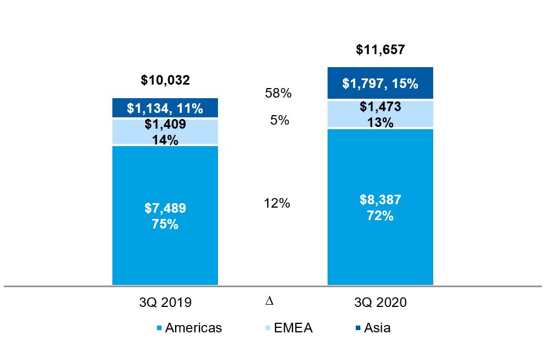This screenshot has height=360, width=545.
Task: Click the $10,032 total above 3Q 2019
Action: pos(165,80)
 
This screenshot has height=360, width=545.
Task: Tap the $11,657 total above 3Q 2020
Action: pos(380,50)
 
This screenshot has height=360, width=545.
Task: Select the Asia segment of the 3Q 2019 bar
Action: pos(165,108)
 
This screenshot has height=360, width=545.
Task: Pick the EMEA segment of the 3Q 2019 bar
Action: pos(165,132)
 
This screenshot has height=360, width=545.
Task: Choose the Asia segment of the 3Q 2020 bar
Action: pos(380,84)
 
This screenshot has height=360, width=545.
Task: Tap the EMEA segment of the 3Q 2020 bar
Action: pos(380,115)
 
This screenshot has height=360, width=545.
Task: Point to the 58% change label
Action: pos(278,94)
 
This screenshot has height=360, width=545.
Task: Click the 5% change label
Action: pos(278,120)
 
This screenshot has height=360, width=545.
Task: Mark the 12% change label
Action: pos(277,203)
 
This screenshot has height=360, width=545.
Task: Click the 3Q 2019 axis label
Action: pos(165,302)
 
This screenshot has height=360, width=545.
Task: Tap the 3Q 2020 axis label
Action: pos(380,302)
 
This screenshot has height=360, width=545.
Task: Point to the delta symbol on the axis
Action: pos(269,301)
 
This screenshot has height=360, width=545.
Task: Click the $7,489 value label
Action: pos(165,208)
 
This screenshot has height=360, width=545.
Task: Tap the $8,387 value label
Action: pos(380,200)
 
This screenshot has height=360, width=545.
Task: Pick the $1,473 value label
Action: pos(380,107)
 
